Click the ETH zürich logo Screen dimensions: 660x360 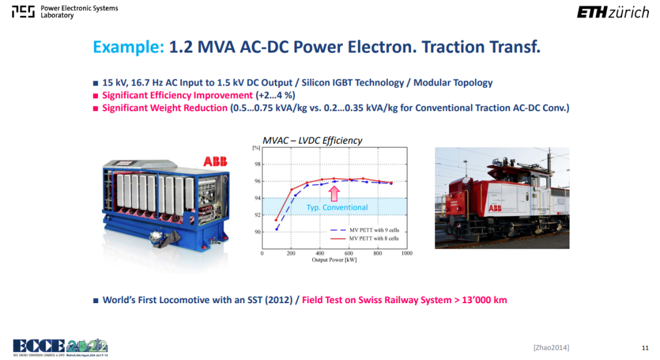[x=613, y=12]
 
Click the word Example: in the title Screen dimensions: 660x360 [x=128, y=47]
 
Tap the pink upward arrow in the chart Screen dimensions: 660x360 [x=334, y=194]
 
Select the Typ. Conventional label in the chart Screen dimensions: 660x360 [x=337, y=208]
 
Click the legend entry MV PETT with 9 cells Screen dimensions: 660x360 [x=364, y=230]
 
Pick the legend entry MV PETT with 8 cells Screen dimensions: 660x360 [x=364, y=239]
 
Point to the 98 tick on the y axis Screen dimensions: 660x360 [x=257, y=164]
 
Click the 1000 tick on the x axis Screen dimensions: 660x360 [x=406, y=254]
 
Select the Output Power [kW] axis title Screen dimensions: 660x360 [x=334, y=260]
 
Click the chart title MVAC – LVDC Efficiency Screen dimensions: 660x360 [x=312, y=141]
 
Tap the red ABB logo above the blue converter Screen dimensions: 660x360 [x=215, y=161]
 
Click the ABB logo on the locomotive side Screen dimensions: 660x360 [x=494, y=208]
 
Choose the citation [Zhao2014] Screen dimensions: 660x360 [x=551, y=348]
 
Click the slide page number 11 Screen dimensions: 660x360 [x=645, y=348]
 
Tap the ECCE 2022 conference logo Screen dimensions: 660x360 [x=60, y=347]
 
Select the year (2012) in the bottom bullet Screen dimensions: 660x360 [x=279, y=300]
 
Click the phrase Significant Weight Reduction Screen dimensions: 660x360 [x=164, y=108]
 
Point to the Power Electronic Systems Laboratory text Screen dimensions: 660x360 [x=79, y=12]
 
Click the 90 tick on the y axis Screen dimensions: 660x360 [x=257, y=232]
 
